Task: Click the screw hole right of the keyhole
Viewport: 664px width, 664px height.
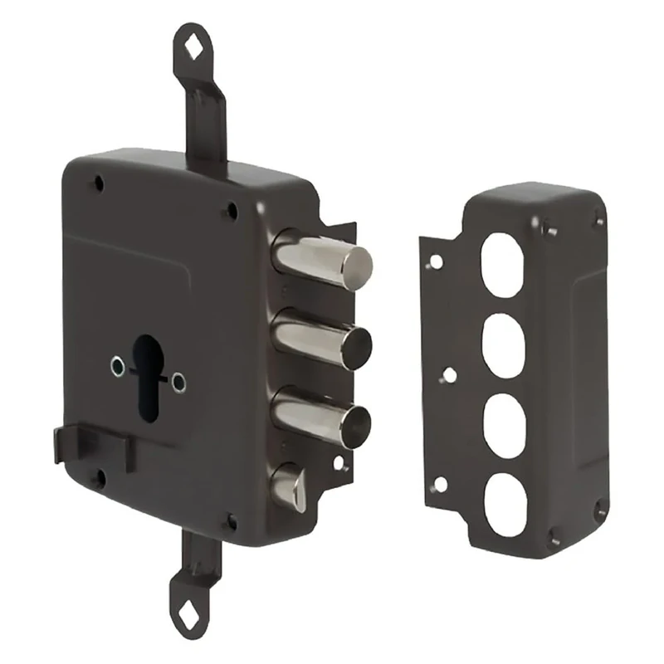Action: (x=178, y=383)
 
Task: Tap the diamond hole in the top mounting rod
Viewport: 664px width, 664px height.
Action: (x=193, y=47)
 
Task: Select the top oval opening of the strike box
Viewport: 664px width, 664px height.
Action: (x=502, y=264)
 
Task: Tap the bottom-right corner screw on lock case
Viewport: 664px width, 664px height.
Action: (x=232, y=522)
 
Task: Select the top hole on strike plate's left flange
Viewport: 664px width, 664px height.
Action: (x=435, y=262)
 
